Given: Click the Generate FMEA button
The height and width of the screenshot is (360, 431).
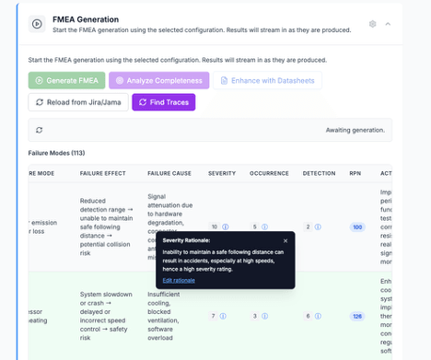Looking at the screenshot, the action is point(66,80).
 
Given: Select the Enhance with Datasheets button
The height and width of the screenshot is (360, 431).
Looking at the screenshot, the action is point(267,80).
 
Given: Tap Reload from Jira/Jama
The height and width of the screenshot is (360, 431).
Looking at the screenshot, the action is point(78,102).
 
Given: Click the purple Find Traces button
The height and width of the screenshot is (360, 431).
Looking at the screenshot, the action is point(163,102).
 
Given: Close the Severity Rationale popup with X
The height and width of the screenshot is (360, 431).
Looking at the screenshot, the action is point(285,240).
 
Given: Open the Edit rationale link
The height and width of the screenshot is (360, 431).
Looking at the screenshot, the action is point(179,279).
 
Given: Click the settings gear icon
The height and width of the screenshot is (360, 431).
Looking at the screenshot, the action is point(373,24).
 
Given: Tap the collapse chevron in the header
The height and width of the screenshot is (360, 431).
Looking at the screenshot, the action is point(388,24).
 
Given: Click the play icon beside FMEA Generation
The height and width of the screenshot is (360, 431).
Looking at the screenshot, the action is point(37,24).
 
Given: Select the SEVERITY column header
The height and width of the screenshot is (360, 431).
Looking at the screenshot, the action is point(222,173).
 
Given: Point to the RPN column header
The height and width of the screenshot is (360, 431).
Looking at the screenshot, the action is point(355,173).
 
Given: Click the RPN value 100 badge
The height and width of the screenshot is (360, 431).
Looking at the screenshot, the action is point(357,226).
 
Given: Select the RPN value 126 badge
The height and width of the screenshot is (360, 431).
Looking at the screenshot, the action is point(357,316).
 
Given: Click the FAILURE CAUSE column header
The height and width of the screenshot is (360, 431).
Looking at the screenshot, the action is point(169,173).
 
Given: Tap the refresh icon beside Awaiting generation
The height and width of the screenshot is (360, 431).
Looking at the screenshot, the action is point(39,130).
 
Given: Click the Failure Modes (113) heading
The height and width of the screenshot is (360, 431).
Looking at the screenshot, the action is point(57,153).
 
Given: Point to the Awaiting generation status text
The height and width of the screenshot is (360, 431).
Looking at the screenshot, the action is point(355,130).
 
